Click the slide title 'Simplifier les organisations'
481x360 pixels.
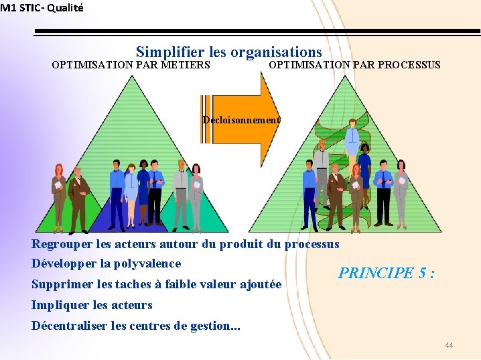coord(228,52)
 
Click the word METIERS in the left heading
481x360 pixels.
coord(186,65)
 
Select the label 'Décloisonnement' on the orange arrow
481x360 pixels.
coord(242,120)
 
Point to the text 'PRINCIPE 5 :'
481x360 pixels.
coord(387,273)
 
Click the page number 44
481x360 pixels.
coord(448,345)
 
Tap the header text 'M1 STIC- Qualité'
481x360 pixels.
coord(42,8)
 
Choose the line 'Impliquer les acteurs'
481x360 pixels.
coord(92,305)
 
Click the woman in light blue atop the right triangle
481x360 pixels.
coord(352,144)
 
